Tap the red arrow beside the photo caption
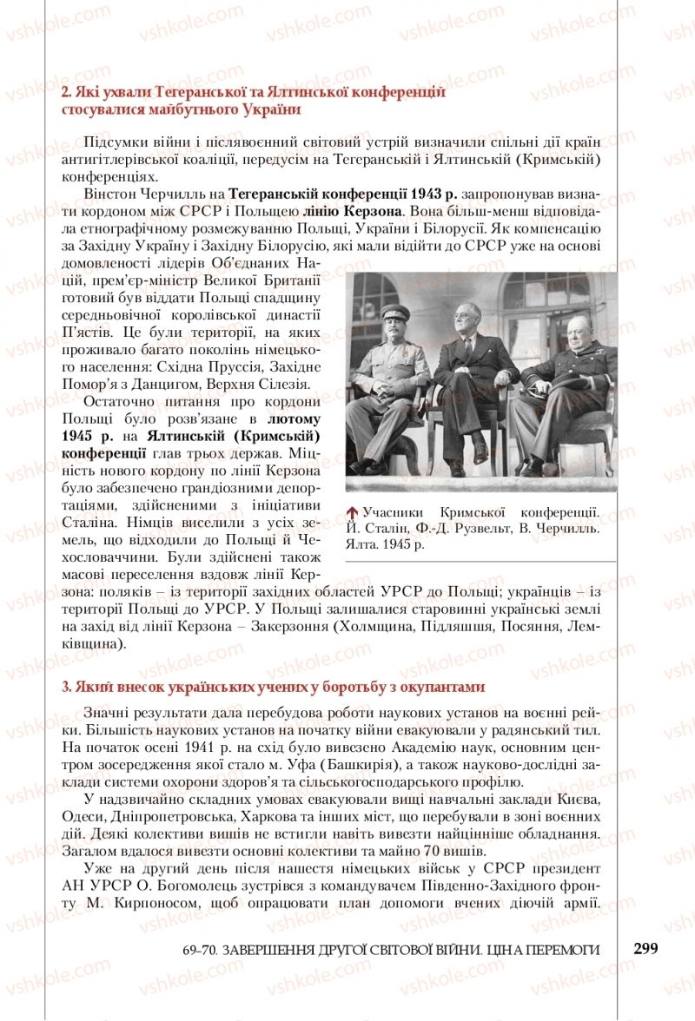coord(352,512)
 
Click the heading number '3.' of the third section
coord(67,687)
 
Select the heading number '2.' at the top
coord(67,93)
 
